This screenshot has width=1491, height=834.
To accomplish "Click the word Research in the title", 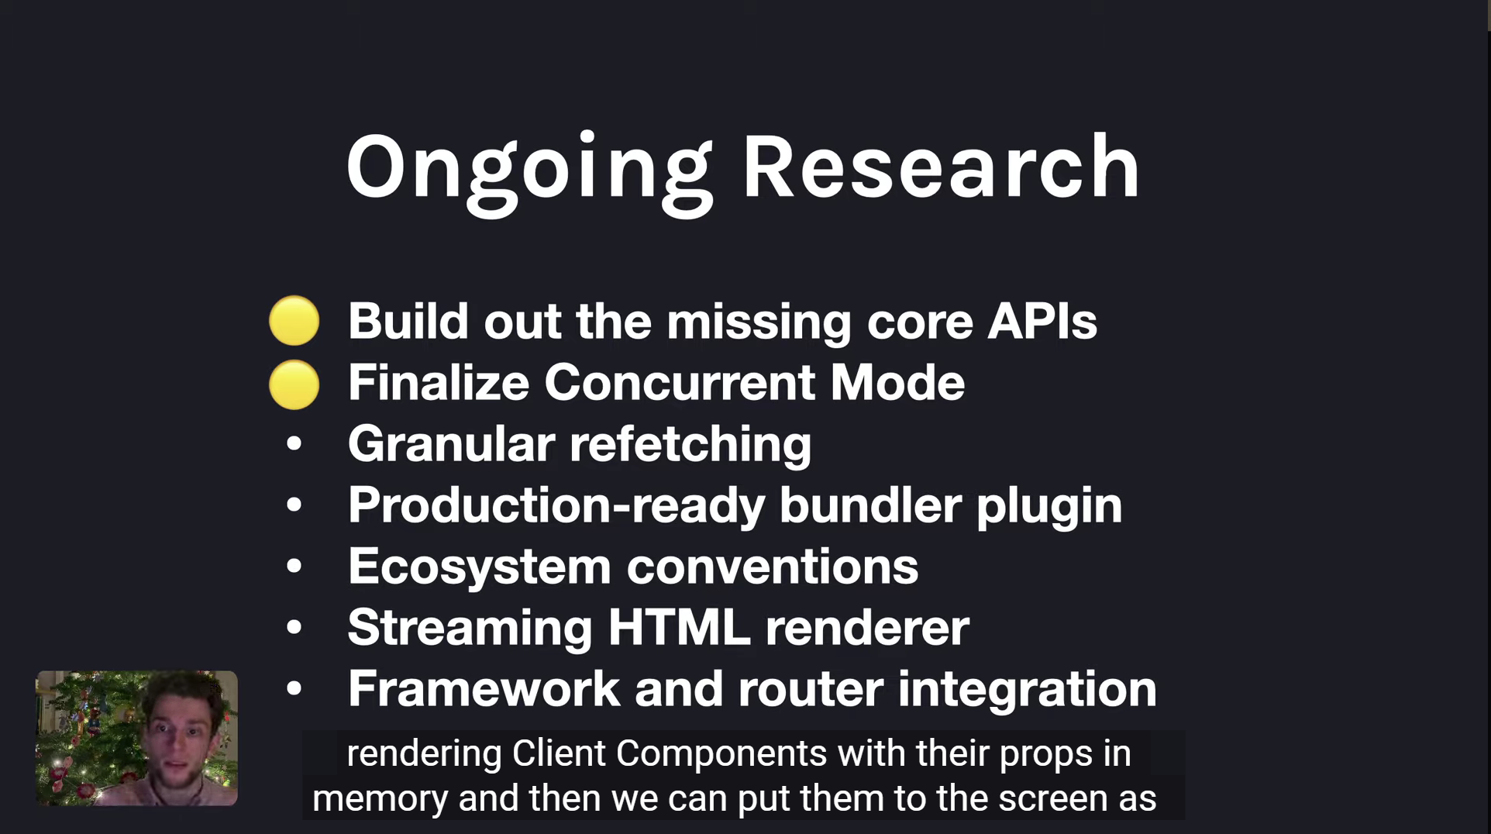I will pyautogui.click(x=941, y=167).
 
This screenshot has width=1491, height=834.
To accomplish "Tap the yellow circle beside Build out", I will pyautogui.click(x=294, y=320).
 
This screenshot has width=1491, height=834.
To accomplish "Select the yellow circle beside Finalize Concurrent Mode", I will pyautogui.click(x=294, y=384).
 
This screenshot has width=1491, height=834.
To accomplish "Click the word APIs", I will pyautogui.click(x=1042, y=321).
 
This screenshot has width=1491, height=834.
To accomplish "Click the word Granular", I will pyautogui.click(x=451, y=443).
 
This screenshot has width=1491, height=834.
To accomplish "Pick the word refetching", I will pyautogui.click(x=690, y=445).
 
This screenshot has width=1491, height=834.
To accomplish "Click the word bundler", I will pyautogui.click(x=869, y=505).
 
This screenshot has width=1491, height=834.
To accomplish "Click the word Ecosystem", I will pyautogui.click(x=479, y=567).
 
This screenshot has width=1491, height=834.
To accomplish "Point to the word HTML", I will pyautogui.click(x=679, y=627).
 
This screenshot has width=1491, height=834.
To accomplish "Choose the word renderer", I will pyautogui.click(x=867, y=628).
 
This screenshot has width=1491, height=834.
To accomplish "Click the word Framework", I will pyautogui.click(x=484, y=688).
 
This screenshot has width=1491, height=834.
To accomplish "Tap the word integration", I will pyautogui.click(x=1027, y=690).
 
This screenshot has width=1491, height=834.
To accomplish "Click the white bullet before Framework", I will pyautogui.click(x=294, y=688).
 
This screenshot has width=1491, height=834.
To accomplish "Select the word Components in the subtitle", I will pyautogui.click(x=721, y=753).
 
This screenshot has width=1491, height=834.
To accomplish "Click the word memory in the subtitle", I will pyautogui.click(x=380, y=799).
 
